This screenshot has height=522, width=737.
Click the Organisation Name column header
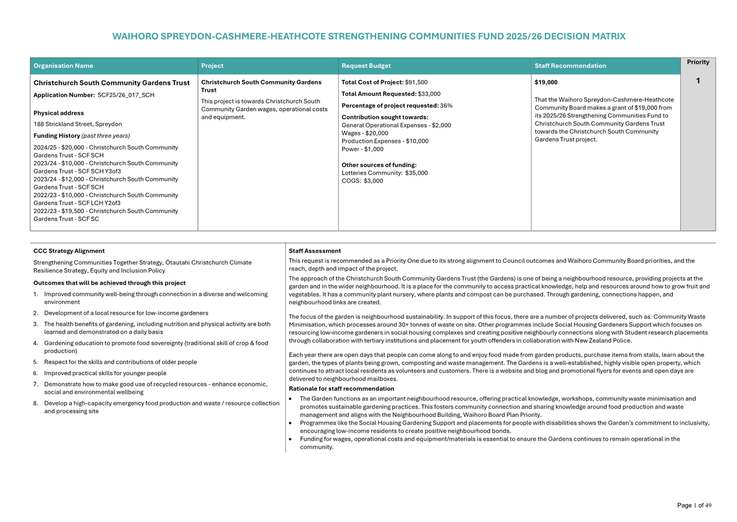pyautogui.click(x=63, y=66)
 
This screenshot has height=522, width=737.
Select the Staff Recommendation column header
pyautogui.click(x=570, y=66)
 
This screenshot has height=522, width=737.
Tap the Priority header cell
pyautogui.click(x=697, y=62)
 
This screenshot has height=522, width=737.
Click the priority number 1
pyautogui.click(x=697, y=81)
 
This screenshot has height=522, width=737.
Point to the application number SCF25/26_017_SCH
pyautogui.click(x=126, y=96)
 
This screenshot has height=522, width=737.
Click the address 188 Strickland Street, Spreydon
pyautogui.click(x=77, y=125)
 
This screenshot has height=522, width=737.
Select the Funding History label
pyautogui.click(x=56, y=136)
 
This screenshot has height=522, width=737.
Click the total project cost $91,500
pyautogui.click(x=416, y=82)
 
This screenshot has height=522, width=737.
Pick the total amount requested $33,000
pyautogui.click(x=429, y=94)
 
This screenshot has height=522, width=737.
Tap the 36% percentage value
pyautogui.click(x=446, y=106)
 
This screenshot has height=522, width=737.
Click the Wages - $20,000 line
pyautogui.click(x=364, y=134)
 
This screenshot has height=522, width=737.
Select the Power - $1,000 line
pyautogui.click(x=362, y=149)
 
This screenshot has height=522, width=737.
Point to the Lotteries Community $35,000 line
pyautogui.click(x=384, y=173)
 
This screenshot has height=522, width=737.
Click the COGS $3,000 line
pyautogui.click(x=362, y=181)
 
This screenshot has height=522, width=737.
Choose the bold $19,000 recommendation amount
pyautogui.click(x=546, y=82)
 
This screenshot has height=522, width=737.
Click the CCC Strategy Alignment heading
pyautogui.click(x=69, y=251)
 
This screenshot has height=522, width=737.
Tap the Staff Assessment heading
pyautogui.click(x=315, y=251)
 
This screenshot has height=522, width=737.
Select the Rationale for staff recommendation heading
pyautogui.click(x=341, y=389)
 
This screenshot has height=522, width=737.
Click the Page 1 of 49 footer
pyautogui.click(x=694, y=506)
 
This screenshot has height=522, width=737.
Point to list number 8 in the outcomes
pyautogui.click(x=36, y=404)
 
